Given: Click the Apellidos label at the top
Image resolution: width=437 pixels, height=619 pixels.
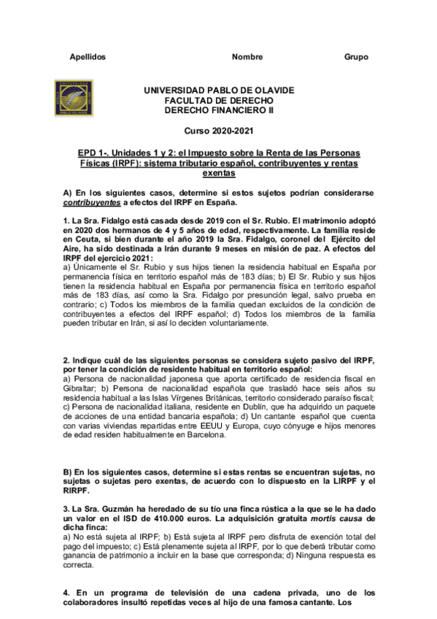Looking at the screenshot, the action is click(x=88, y=57).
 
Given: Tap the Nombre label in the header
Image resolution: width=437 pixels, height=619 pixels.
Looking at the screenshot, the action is click(x=247, y=57).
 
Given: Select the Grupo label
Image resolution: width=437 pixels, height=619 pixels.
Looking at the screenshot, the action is click(x=356, y=57).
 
